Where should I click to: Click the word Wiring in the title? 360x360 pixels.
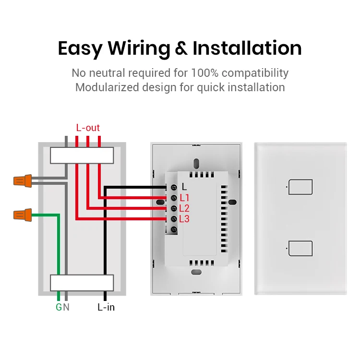click(x=138, y=49)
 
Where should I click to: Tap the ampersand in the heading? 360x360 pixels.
click(x=181, y=49)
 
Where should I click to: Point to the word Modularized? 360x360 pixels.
click(x=106, y=87)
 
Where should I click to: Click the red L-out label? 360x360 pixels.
click(x=88, y=128)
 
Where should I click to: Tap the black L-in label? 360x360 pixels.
click(x=106, y=307)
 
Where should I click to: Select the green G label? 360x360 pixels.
click(x=59, y=307)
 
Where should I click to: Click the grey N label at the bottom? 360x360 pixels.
click(x=66, y=307)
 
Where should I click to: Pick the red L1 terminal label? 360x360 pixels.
click(x=184, y=198)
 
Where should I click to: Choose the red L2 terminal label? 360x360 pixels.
click(x=184, y=208)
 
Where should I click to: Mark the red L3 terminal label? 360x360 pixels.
click(x=184, y=219)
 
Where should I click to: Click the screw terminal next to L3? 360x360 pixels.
click(x=173, y=219)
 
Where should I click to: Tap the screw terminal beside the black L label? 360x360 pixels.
click(x=173, y=187)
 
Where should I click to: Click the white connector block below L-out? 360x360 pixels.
click(x=82, y=155)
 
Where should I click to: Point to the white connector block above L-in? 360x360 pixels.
click(x=82, y=283)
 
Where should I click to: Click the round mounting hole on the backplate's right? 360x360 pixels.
click(x=232, y=202)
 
